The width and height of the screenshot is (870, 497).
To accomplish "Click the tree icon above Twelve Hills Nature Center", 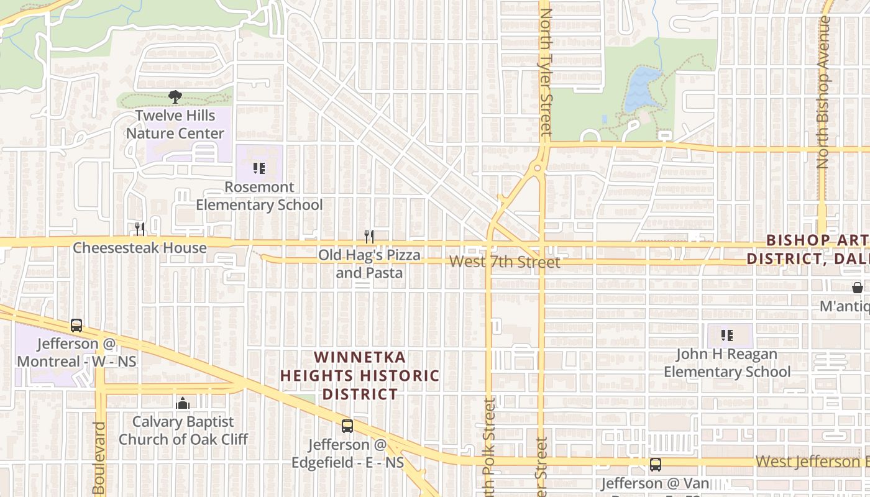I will [x=175, y=96].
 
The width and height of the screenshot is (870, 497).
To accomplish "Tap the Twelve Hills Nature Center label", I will [x=175, y=124].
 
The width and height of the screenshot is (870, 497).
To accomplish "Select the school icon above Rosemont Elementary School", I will [x=259, y=168].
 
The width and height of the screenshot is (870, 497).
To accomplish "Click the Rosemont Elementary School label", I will [x=259, y=196].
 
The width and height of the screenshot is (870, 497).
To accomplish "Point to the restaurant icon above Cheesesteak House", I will [x=140, y=229].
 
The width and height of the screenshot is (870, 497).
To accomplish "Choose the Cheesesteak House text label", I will [x=140, y=248].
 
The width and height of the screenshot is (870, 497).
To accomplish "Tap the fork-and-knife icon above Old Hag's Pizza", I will [x=369, y=236].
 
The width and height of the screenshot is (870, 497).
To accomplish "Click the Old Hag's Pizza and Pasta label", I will [x=369, y=264].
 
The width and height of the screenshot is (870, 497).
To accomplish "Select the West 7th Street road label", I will [x=505, y=262].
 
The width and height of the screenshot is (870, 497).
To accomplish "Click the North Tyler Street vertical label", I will [x=546, y=68].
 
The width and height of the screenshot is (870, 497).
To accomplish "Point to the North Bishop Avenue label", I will [x=823, y=93].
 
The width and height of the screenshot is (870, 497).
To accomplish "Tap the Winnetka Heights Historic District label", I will [x=360, y=376].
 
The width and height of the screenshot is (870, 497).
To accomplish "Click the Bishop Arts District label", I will [x=808, y=249].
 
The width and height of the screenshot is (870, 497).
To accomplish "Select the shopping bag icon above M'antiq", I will [x=857, y=288].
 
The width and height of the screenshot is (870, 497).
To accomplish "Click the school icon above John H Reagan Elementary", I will [x=727, y=335].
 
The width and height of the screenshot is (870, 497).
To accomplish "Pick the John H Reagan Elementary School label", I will [x=727, y=363].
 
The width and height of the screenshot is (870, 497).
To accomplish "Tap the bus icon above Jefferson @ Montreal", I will [x=76, y=325].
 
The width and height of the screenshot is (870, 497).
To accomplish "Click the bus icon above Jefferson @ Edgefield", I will [x=347, y=426].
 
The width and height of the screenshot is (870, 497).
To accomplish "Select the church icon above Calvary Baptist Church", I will [x=182, y=404].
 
